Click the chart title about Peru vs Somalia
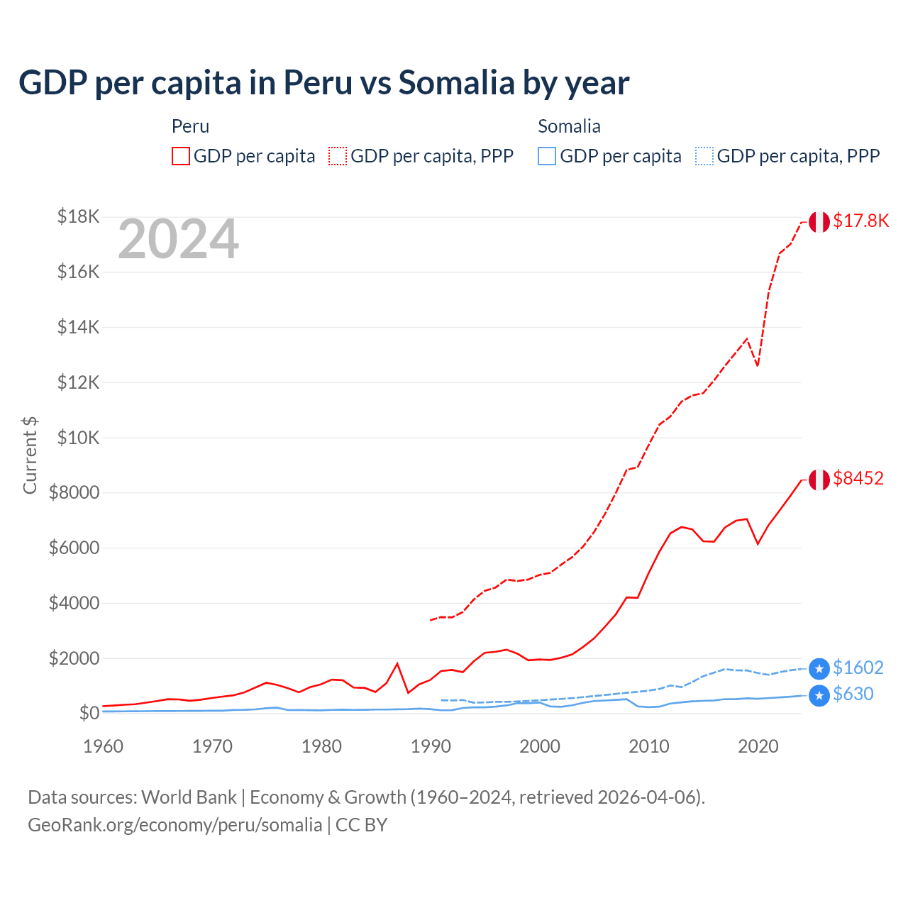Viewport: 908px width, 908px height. (x=323, y=83)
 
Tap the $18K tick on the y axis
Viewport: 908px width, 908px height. (x=78, y=216)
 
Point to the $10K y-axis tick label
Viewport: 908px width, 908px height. (x=78, y=438)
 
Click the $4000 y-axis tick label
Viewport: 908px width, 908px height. (x=74, y=603)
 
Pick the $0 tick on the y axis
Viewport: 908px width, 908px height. (x=89, y=713)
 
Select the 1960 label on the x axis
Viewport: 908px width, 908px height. (x=104, y=746)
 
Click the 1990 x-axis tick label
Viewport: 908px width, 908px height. (x=431, y=746)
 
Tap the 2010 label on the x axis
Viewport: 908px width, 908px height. (x=649, y=746)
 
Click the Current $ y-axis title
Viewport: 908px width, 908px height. (x=30, y=455)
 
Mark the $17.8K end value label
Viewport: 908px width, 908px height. (x=860, y=221)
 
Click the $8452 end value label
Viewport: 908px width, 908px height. (x=858, y=479)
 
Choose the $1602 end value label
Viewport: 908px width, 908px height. (x=858, y=668)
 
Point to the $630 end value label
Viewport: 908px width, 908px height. (x=853, y=694)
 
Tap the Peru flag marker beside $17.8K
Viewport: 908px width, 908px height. (x=819, y=222)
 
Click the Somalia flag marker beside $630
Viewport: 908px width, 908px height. (x=819, y=695)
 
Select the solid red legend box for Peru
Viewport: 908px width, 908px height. (x=181, y=156)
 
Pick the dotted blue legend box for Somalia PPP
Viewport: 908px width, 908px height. (x=704, y=156)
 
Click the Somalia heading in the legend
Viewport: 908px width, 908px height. (x=569, y=126)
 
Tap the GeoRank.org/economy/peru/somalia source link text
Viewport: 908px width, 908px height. (x=175, y=825)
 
